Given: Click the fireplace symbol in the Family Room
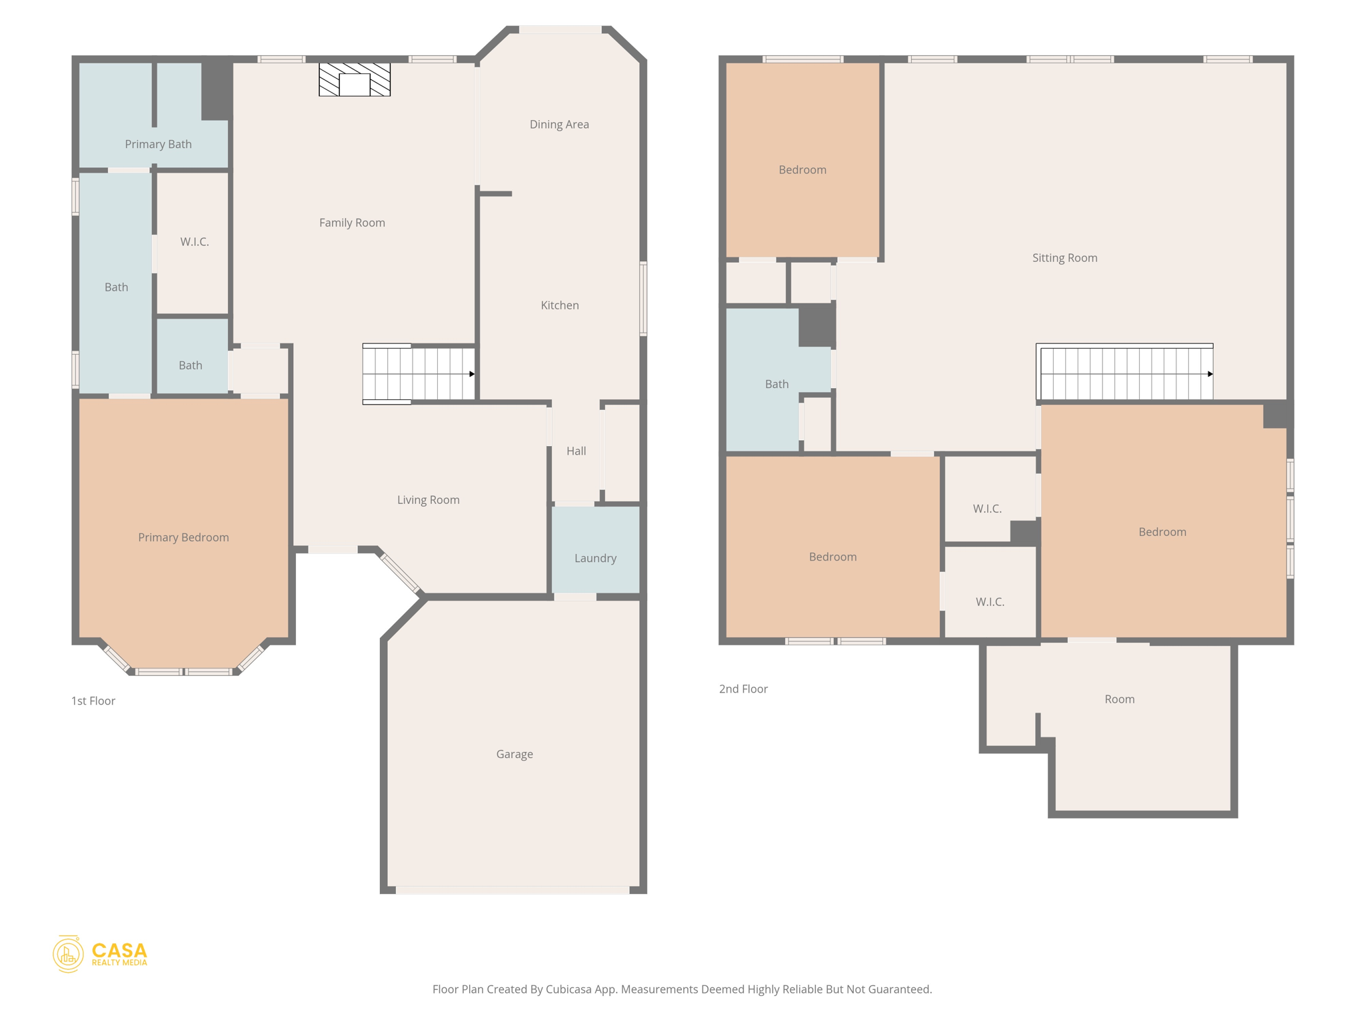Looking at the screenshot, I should click(x=354, y=80).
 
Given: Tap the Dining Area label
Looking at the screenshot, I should click(x=559, y=125).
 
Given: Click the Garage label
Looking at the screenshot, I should click(x=514, y=754).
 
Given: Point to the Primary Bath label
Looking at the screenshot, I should click(x=158, y=144).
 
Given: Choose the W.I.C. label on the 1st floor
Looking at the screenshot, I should click(x=194, y=242).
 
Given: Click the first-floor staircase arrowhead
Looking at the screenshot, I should click(x=472, y=374).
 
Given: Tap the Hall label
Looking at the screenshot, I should click(x=576, y=451).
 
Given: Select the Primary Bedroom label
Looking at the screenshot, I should click(x=183, y=537).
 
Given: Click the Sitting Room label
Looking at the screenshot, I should click(x=1064, y=258).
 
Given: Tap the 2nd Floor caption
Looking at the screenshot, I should click(x=743, y=689).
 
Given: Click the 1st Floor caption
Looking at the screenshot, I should click(x=93, y=701).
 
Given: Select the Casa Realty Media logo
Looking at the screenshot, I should click(x=100, y=954).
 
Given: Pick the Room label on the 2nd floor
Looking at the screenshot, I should click(x=1119, y=699).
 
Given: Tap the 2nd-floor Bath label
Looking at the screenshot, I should click(x=776, y=384).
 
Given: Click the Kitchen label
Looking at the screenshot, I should click(x=559, y=305).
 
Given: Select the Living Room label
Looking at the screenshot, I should click(x=428, y=500).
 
